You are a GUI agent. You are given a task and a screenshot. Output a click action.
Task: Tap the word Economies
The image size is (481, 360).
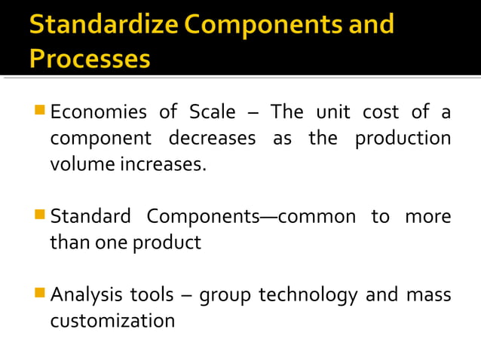[x=99, y=113]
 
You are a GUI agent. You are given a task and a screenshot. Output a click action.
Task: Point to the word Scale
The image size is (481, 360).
[x=212, y=113]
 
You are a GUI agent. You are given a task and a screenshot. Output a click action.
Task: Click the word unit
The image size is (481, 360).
[x=332, y=113]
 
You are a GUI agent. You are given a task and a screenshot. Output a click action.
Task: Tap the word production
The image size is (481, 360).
[x=403, y=139]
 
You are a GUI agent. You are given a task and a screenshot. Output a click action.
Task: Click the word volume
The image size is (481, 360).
[x=79, y=163]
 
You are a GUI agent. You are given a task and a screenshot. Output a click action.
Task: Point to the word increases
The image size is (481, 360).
[x=164, y=163]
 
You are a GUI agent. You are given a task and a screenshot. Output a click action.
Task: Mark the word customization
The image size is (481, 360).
[x=112, y=321]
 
